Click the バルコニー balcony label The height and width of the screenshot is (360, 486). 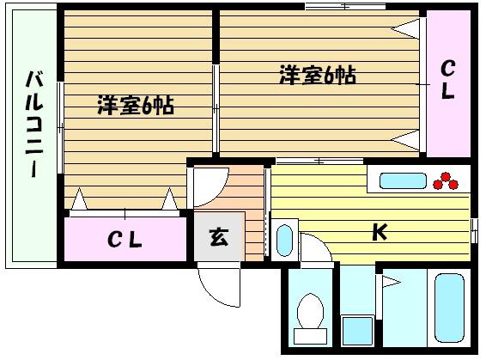(x=34, y=124)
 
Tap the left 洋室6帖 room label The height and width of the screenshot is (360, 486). (x=136, y=106)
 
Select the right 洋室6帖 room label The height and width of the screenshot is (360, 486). (x=318, y=75)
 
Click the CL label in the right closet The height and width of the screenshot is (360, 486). (x=448, y=79)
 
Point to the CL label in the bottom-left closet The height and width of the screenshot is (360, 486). (x=125, y=240)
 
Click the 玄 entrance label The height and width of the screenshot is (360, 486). (x=219, y=237)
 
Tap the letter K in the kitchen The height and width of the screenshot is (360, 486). (x=380, y=232)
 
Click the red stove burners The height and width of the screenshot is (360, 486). (x=446, y=180)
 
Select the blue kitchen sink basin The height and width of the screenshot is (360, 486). (x=403, y=180)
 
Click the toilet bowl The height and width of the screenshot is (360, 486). (x=310, y=311)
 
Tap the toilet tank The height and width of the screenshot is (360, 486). (x=310, y=336)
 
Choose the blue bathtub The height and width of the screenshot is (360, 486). (x=449, y=308)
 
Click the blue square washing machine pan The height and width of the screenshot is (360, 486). (x=357, y=331)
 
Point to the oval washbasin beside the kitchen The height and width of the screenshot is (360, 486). (x=284, y=241)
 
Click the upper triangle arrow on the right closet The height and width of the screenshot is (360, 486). (x=405, y=29)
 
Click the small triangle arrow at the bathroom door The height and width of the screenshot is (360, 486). (x=392, y=282)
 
